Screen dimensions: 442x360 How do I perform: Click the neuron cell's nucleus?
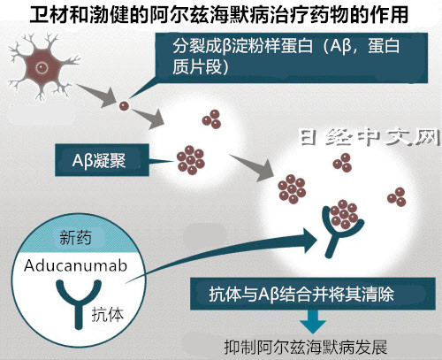pos(42,68)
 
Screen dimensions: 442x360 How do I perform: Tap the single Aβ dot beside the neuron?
pos(124,106)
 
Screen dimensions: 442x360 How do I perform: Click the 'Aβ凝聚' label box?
pos(102,160)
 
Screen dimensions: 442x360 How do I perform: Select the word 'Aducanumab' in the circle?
pos(76,265)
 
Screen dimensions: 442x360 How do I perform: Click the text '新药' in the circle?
pos(75,237)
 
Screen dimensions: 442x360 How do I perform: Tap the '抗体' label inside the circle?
pos(107,314)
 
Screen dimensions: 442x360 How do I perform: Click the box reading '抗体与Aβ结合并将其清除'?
pos(312,294)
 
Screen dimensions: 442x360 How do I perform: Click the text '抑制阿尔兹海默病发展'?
pos(306,347)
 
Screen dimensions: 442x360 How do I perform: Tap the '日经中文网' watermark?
pos(370,137)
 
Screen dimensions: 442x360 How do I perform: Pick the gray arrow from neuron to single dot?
pos(97,95)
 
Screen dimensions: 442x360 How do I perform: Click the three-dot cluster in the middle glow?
pos(211,119)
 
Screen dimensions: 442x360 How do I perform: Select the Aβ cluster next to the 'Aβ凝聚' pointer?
pos(191,160)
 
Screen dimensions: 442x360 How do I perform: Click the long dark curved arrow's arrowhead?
pos(309,241)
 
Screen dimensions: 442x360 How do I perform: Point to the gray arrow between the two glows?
pos(253,167)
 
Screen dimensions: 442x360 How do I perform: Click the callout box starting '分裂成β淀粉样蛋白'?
pos(292,57)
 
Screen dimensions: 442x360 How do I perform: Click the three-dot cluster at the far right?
pos(397,197)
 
